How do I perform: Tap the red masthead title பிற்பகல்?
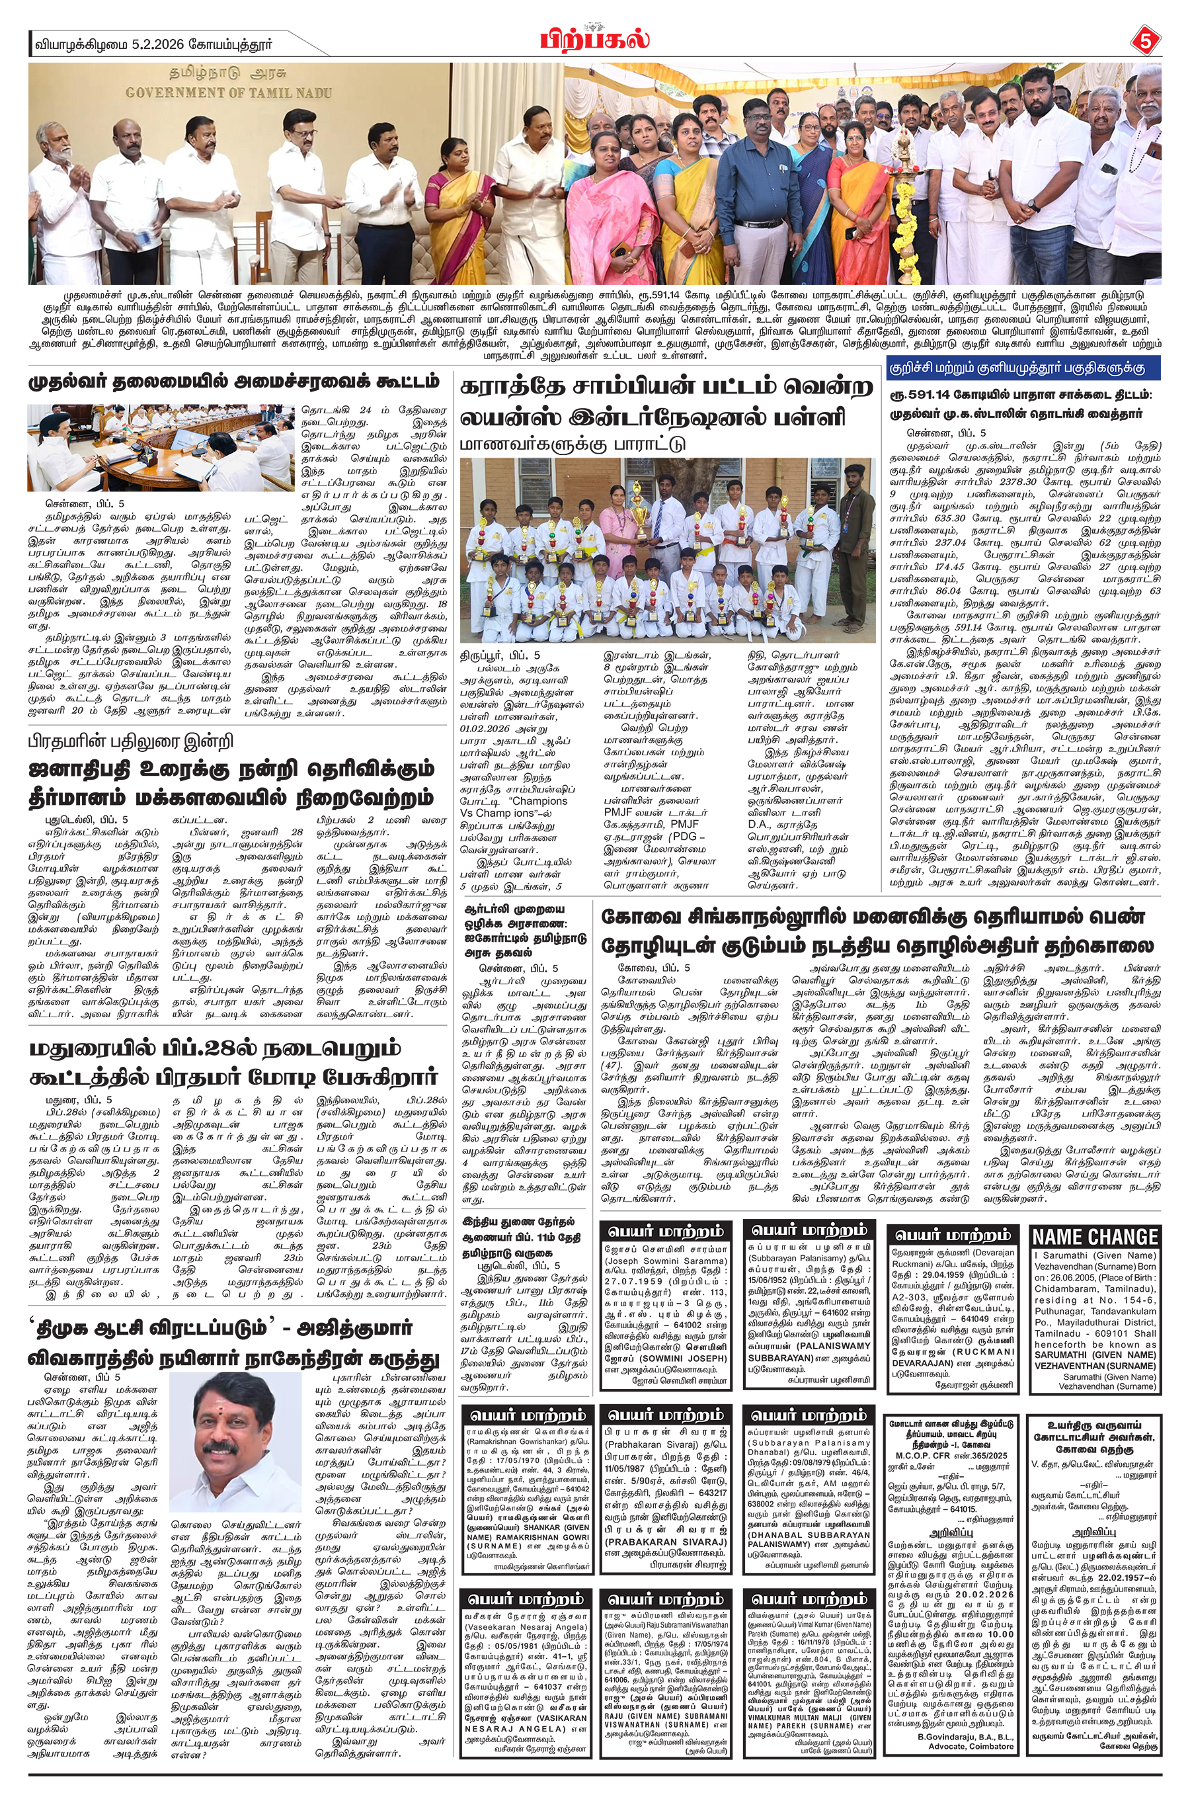pos(596,38)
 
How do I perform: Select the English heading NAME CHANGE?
pos(1095,1237)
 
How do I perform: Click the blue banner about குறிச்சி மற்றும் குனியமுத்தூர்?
pos(1022,367)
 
